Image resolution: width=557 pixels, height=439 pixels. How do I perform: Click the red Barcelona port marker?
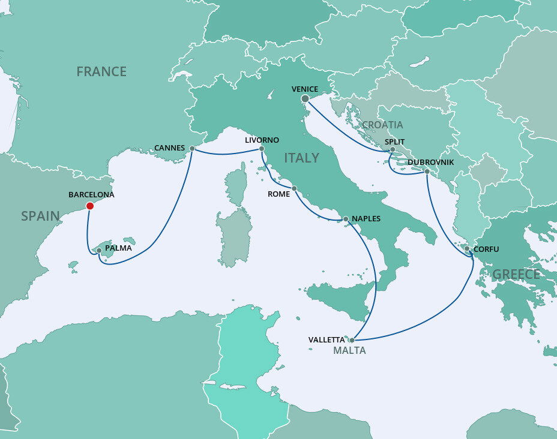pos(90,206)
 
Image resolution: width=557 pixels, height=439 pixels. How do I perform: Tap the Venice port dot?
pos(305,99)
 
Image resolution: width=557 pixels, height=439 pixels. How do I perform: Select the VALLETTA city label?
pos(327,340)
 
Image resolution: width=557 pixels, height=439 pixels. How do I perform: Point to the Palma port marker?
pos(99,250)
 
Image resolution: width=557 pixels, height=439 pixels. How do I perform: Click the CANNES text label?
pos(169,148)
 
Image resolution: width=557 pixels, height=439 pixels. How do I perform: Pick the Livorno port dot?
pos(262,149)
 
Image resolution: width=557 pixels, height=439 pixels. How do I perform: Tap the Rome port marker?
pos(294,189)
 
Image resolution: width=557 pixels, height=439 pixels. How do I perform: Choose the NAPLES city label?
pos(366,218)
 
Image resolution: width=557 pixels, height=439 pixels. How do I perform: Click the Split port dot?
pos(392,149)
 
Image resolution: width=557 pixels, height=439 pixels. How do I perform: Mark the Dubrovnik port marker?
pos(427,172)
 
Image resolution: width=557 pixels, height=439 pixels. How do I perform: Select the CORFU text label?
pos(486,249)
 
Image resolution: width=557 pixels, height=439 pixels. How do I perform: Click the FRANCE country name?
pos(101,72)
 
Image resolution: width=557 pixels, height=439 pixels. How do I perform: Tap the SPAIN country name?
pos(40,217)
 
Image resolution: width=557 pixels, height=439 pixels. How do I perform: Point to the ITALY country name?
pos(301,158)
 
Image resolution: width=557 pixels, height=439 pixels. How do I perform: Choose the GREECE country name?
pos(516,275)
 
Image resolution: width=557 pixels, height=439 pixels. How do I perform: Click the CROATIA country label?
pos(382,125)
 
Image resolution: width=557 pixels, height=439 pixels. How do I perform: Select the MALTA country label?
pos(349,351)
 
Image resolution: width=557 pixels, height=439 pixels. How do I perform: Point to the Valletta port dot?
pos(352,340)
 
